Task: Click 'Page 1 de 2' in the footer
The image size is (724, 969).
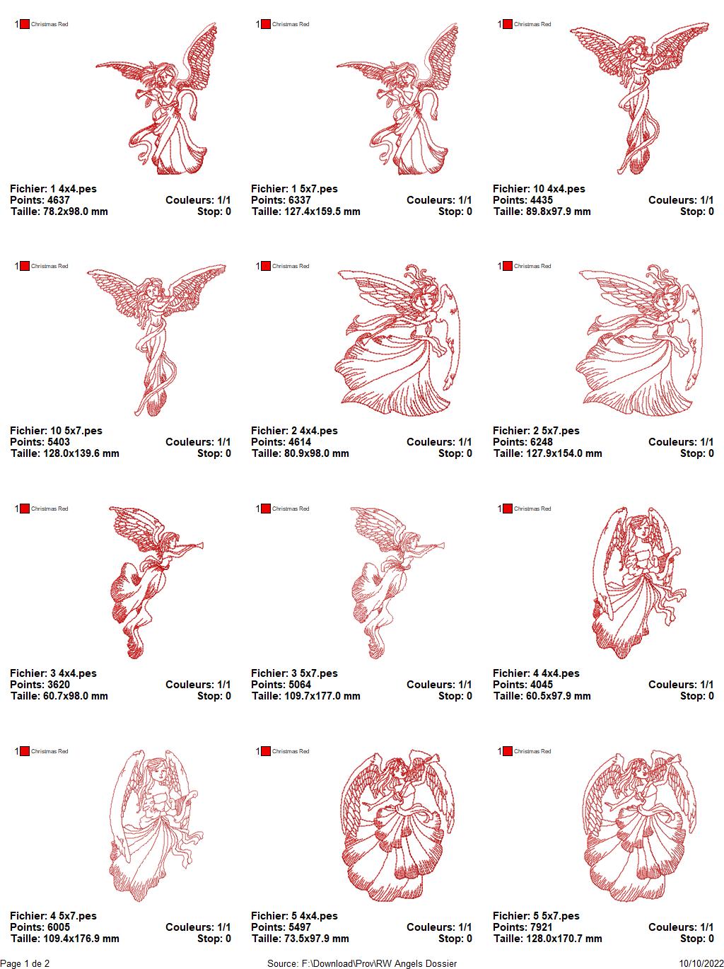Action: (25, 963)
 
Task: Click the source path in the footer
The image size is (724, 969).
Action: (362, 963)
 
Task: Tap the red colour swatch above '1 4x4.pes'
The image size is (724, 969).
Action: (25, 24)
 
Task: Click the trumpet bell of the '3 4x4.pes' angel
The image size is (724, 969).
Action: (200, 545)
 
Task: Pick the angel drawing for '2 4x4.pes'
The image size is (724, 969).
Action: (397, 340)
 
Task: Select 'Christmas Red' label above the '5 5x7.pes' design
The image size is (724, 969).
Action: (532, 751)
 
